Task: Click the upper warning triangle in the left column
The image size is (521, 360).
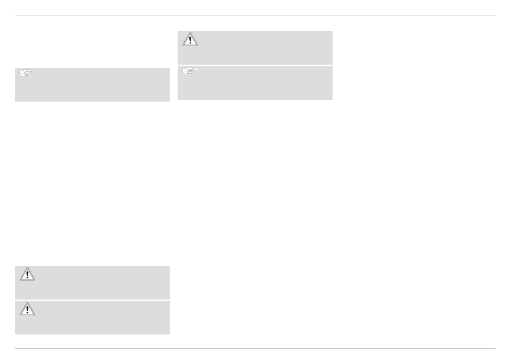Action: click(x=27, y=275)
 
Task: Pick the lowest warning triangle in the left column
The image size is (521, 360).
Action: click(x=27, y=309)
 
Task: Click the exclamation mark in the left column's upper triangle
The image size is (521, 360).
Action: click(x=27, y=276)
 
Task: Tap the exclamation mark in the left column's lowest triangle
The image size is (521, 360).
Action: click(x=27, y=310)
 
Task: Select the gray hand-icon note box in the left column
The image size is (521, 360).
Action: click(x=92, y=85)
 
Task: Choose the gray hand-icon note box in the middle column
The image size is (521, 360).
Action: click(x=255, y=83)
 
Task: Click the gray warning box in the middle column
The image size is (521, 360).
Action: click(x=255, y=48)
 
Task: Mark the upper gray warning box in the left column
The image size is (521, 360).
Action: click(x=92, y=282)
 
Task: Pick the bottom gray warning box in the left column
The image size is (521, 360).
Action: click(x=92, y=317)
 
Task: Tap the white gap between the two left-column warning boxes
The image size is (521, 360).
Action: click(x=92, y=300)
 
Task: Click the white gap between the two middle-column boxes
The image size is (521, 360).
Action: click(x=255, y=65)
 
